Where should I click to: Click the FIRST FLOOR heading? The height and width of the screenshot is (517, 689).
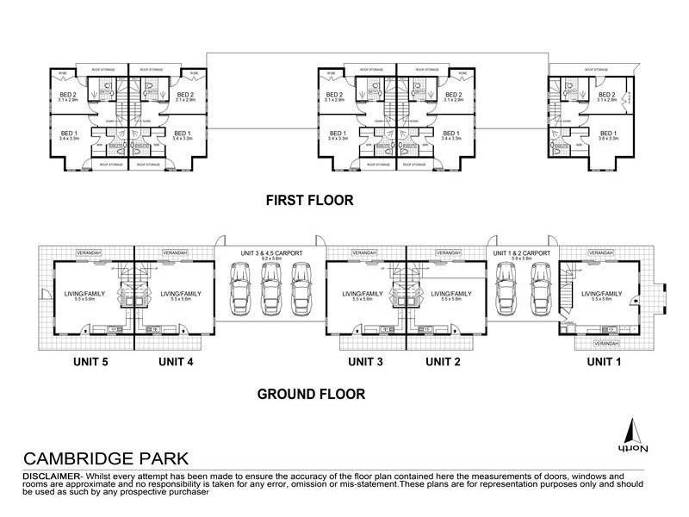(309, 200)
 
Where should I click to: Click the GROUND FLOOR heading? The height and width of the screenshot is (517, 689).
(311, 395)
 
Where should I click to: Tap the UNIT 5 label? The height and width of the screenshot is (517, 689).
(90, 362)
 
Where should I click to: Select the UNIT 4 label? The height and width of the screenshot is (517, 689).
(176, 362)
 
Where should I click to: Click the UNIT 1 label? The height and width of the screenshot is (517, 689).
(605, 362)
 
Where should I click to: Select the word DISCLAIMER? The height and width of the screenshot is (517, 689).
(50, 477)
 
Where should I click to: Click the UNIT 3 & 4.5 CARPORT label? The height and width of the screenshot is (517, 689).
(270, 252)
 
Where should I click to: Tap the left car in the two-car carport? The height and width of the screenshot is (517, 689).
(506, 286)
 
